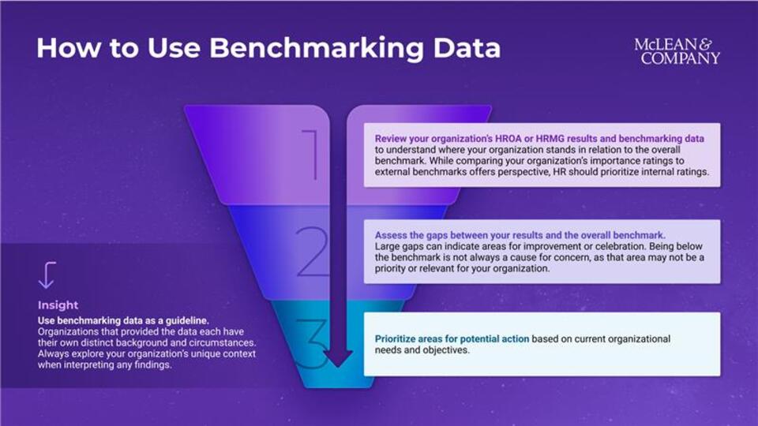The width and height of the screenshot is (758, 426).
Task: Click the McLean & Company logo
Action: [x=677, y=51]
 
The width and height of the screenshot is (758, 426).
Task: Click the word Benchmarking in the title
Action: [x=316, y=49]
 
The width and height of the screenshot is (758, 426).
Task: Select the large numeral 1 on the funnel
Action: [x=311, y=155]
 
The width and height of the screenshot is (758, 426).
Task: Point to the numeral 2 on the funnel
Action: [x=312, y=252]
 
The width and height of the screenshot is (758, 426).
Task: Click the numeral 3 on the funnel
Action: [x=312, y=344]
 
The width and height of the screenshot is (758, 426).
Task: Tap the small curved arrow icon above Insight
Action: [x=47, y=275]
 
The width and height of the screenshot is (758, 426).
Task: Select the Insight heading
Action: [x=58, y=305]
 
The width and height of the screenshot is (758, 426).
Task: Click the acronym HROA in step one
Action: [x=508, y=139]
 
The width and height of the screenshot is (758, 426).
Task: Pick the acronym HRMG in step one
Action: [x=550, y=139]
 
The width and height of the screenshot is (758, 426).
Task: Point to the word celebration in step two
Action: [x=620, y=246]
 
